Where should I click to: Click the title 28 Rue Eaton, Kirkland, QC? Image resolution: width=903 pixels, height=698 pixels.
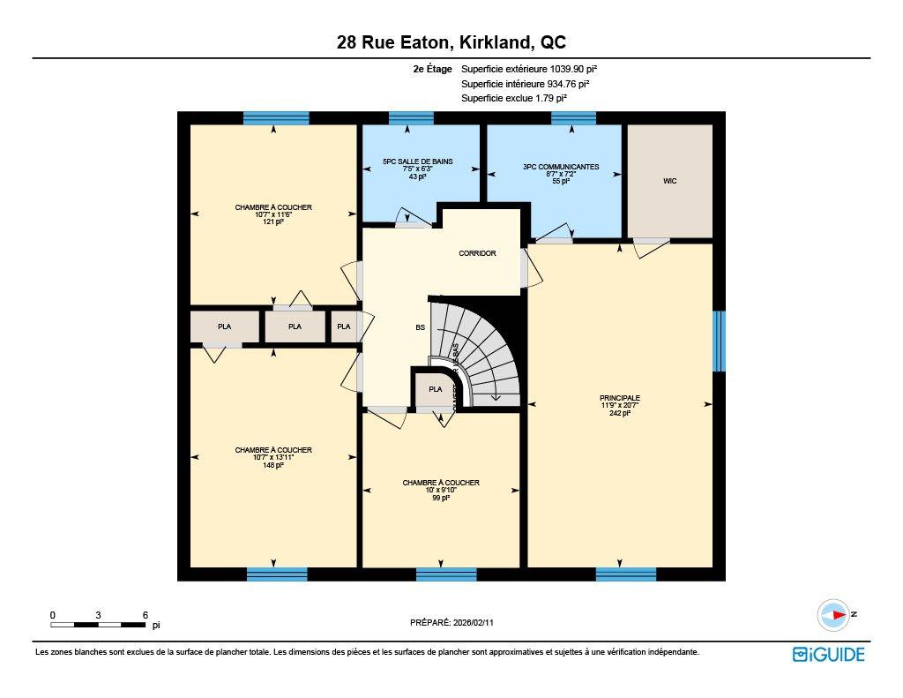(x=451, y=42)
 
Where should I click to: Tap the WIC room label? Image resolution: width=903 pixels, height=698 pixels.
(x=669, y=181)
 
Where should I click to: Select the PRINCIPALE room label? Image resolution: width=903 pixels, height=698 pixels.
(x=619, y=398)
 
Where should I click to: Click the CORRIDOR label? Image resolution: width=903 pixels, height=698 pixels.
(x=477, y=253)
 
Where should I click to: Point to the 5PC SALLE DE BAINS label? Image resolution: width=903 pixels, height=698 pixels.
(x=417, y=161)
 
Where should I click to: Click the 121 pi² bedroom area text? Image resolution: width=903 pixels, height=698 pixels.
(x=272, y=222)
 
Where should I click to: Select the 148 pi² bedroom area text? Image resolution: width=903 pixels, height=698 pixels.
(x=272, y=465)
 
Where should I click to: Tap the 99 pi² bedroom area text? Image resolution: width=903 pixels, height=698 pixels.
(x=440, y=498)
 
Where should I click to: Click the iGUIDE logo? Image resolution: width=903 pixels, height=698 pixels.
(x=828, y=654)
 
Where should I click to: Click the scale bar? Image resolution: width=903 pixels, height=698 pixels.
(x=98, y=625)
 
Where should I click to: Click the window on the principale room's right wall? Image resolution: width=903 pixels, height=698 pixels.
(x=719, y=341)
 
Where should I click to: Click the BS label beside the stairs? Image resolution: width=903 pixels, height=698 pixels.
(x=421, y=327)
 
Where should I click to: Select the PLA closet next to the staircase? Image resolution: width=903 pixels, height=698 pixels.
(x=435, y=389)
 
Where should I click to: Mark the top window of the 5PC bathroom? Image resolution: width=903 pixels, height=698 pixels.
(x=411, y=118)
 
